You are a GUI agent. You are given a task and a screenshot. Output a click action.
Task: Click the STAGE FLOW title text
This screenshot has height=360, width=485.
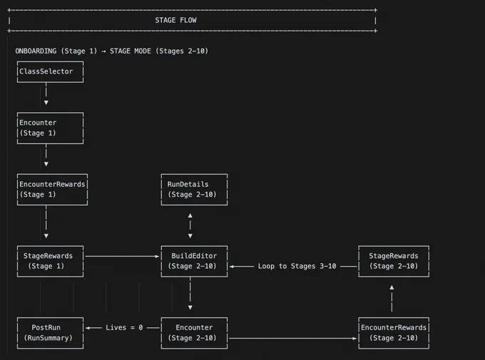(x=175, y=21)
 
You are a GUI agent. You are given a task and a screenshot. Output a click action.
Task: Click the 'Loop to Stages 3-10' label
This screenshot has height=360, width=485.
(x=297, y=267)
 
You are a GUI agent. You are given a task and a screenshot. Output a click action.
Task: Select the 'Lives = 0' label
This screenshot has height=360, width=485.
(x=124, y=327)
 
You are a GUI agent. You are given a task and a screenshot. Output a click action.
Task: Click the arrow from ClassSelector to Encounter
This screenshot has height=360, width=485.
(x=46, y=93)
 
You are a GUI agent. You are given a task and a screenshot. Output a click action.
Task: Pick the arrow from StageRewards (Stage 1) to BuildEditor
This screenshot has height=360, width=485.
(x=122, y=256)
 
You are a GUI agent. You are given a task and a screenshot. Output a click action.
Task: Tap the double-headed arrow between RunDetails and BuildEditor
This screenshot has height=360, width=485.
(x=190, y=225)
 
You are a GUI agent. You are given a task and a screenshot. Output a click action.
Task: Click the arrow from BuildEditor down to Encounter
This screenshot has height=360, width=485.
(x=190, y=294)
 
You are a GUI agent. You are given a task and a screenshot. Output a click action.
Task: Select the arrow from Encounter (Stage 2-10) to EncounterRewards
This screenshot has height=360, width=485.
(x=293, y=339)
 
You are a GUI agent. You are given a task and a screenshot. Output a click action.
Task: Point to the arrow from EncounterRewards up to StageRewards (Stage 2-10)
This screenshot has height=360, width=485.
(x=392, y=298)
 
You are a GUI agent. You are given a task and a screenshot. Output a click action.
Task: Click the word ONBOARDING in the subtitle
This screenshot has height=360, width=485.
(x=36, y=51)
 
